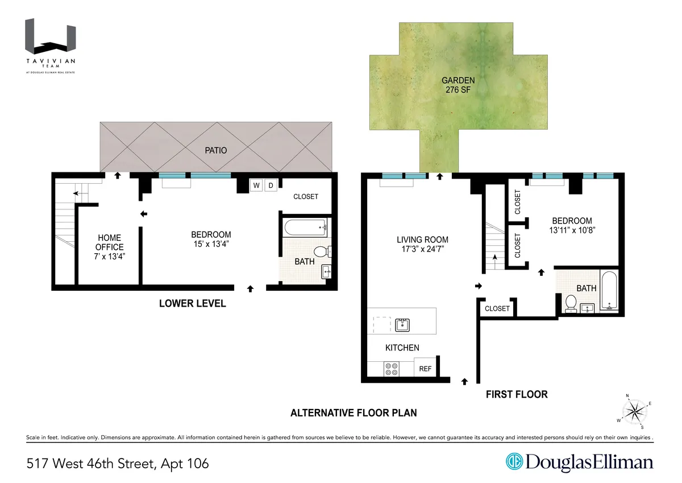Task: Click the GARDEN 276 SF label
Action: (x=458, y=85)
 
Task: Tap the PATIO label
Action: (x=217, y=151)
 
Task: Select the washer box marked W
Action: (x=256, y=185)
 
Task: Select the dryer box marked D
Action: (x=271, y=185)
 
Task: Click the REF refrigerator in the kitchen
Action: (x=425, y=369)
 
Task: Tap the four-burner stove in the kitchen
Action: (x=392, y=369)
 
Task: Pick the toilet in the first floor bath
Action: (x=570, y=304)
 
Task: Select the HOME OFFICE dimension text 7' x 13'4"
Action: (x=110, y=256)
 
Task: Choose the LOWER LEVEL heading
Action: (x=192, y=304)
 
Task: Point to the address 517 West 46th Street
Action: (x=117, y=464)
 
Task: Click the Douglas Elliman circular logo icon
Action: (x=515, y=462)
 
